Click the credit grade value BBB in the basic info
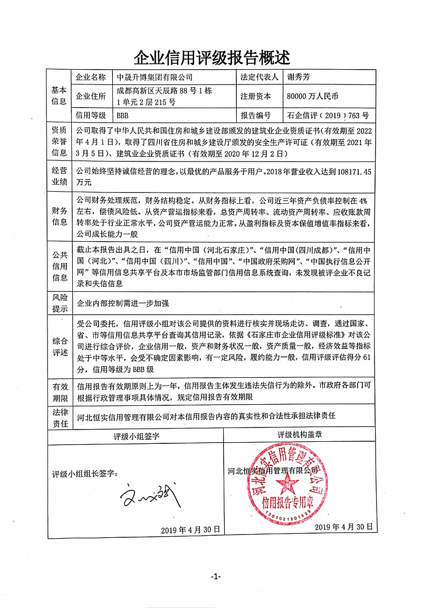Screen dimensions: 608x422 pyautogui.click(x=123, y=115)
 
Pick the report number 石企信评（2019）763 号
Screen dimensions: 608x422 pyautogui.click(x=327, y=115)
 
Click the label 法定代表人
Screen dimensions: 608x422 pyautogui.click(x=259, y=77)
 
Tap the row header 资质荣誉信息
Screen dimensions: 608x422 pyautogui.click(x=59, y=141)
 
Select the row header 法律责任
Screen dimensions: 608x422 pyautogui.click(x=59, y=416)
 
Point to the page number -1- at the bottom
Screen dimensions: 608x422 pyautogui.click(x=215, y=576)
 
